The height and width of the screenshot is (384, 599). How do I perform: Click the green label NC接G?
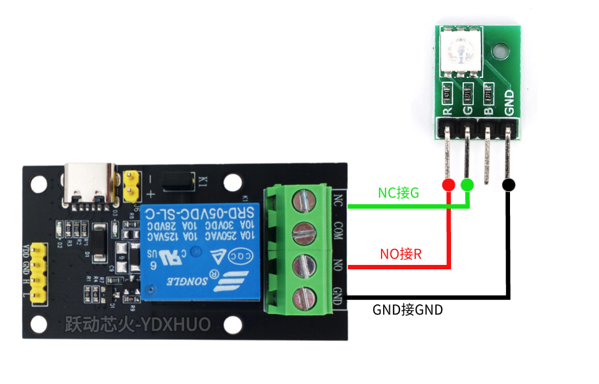398,193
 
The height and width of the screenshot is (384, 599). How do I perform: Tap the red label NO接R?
400,254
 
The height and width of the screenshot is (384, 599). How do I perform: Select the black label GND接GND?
408,309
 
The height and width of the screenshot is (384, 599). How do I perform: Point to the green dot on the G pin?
468,184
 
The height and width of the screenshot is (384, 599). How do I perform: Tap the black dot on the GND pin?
508,185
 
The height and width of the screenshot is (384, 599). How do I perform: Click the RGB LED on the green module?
460,51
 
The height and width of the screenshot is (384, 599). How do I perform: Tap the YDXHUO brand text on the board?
138,324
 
